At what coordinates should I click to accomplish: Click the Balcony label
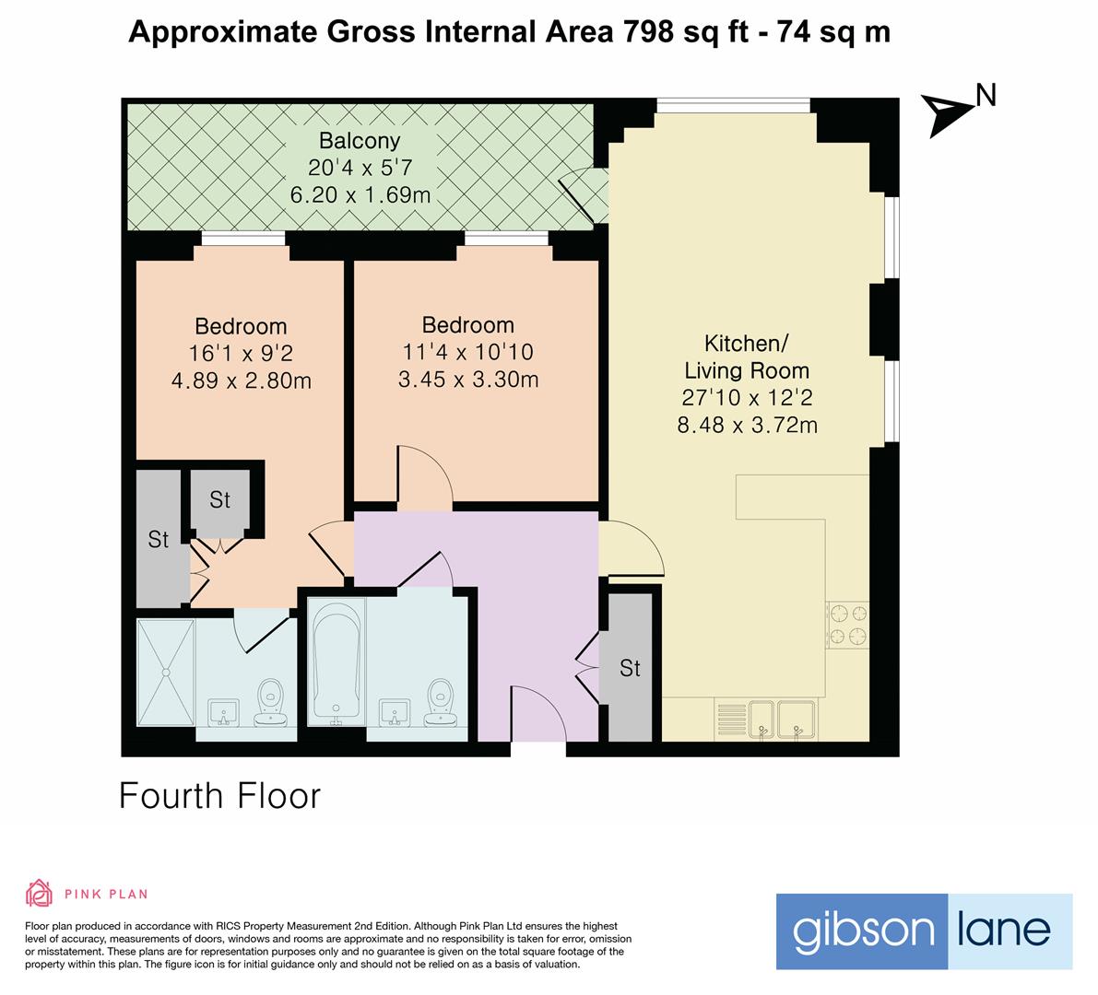tap(360, 141)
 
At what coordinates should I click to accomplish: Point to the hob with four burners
tap(847, 625)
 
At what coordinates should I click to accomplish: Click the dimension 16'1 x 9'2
tap(241, 353)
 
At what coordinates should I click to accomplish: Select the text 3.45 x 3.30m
tap(467, 379)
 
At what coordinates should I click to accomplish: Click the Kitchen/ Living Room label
tap(746, 357)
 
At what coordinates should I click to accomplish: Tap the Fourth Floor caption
tap(219, 796)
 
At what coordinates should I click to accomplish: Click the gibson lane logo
tap(924, 931)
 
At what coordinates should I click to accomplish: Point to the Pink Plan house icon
tap(39, 893)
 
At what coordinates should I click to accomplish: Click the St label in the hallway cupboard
tap(630, 668)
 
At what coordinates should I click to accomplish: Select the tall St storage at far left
tap(159, 539)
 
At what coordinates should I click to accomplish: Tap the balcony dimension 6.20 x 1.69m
tap(360, 195)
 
